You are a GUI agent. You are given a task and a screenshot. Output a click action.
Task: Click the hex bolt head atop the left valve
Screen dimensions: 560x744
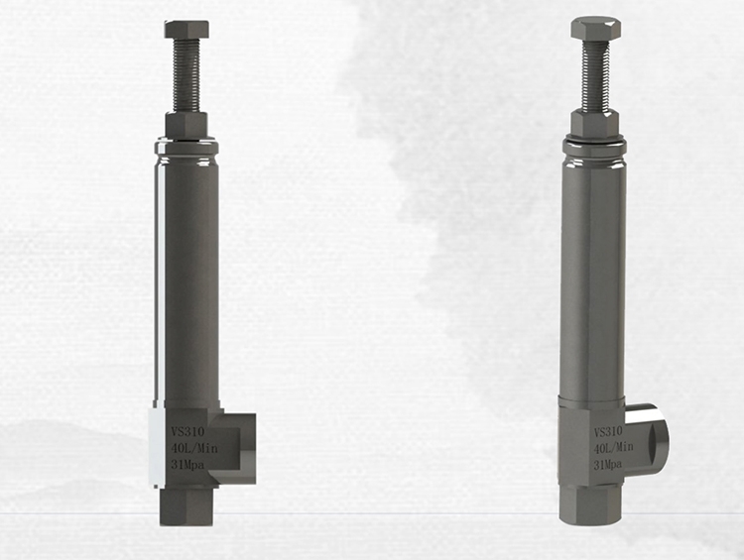186,29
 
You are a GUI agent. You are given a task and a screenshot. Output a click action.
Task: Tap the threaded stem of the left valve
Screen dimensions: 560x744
186,75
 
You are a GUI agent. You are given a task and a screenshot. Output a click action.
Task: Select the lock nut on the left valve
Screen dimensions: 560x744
186,125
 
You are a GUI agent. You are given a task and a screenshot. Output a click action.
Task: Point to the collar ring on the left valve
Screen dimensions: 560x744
186,148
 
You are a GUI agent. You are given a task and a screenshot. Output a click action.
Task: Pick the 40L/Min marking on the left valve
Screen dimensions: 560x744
188,448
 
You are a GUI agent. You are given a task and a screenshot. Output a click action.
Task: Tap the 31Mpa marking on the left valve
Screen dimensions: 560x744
185,464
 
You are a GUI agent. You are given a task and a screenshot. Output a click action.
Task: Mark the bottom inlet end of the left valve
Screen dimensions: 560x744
186,505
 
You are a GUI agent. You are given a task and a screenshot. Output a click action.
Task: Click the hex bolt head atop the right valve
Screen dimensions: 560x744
595,28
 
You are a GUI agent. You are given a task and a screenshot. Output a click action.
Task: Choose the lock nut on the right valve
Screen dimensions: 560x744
595,123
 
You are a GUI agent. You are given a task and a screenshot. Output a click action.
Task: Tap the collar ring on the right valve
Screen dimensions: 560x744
595,148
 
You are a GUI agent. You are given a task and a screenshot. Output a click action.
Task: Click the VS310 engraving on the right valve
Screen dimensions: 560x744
608,432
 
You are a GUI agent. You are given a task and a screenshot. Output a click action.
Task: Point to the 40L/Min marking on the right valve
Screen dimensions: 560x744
612,448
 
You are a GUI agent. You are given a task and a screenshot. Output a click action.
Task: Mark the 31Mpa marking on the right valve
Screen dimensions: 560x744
607,464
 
